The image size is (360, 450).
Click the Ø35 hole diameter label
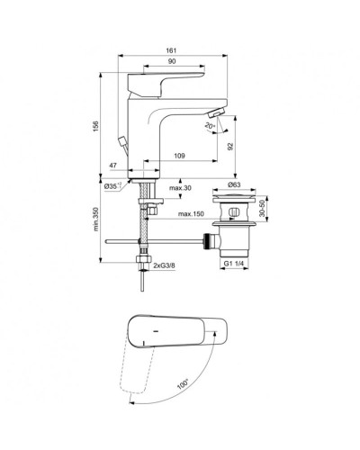[x=114, y=186]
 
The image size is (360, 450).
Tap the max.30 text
[x=180, y=187]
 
